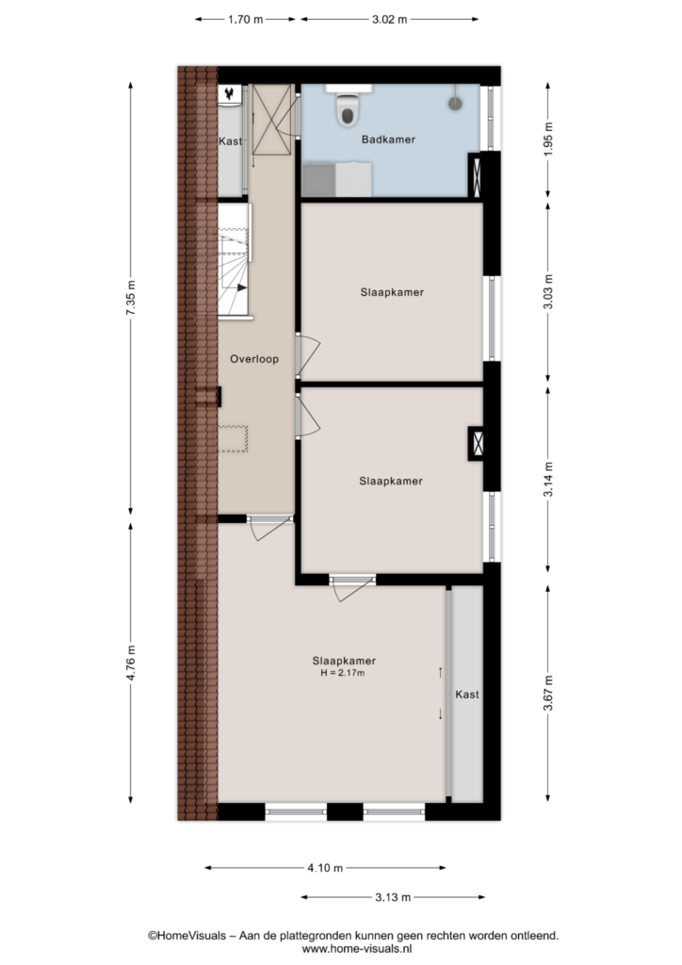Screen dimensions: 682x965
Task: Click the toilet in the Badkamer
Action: (x=348, y=109)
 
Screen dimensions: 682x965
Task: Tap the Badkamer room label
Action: (x=388, y=139)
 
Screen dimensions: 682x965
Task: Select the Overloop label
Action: (x=254, y=359)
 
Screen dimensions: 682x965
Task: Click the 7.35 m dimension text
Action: (x=130, y=298)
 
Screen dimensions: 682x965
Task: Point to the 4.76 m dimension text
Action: (x=130, y=662)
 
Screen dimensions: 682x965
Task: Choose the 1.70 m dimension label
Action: (x=245, y=20)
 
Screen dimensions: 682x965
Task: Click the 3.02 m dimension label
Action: (x=389, y=20)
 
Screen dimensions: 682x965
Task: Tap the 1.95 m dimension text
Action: (x=548, y=139)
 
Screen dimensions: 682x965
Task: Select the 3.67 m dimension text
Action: (x=548, y=693)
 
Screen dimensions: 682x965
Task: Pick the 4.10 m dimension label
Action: (x=325, y=868)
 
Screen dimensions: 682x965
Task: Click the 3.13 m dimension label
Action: (x=393, y=897)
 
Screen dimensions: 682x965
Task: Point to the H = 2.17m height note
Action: (x=343, y=673)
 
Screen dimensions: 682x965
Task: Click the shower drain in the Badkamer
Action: (x=455, y=104)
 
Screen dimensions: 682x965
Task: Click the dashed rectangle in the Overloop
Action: (x=233, y=439)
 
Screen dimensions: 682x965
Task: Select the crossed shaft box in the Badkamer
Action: (x=476, y=177)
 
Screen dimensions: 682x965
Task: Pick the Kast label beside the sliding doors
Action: (x=467, y=695)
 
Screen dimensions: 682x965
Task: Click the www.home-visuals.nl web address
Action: (x=357, y=950)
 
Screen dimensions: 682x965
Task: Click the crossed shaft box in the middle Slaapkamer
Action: (x=477, y=444)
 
